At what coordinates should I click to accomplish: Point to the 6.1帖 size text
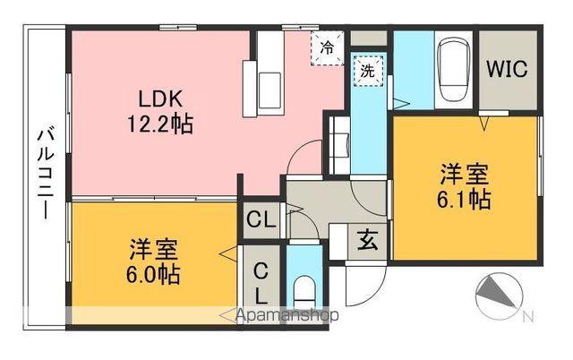pyautogui.click(x=464, y=198)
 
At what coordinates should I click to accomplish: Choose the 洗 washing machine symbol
pyautogui.click(x=367, y=73)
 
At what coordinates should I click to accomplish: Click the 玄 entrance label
pyautogui.click(x=366, y=240)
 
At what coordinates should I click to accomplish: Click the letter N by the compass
pyautogui.click(x=527, y=315)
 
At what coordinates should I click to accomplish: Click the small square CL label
pyautogui.click(x=260, y=218)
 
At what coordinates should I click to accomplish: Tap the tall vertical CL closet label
pyautogui.click(x=260, y=281)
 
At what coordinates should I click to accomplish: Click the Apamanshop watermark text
pyautogui.click(x=285, y=315)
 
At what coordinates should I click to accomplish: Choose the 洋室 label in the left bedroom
pyautogui.click(x=151, y=248)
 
